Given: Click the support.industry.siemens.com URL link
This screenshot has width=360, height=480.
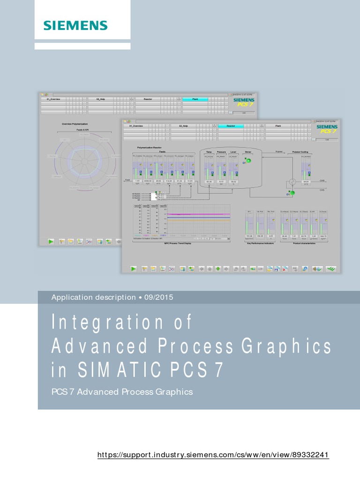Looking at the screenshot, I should click(x=213, y=455).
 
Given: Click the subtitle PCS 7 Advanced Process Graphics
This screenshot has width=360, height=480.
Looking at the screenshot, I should click(x=122, y=391).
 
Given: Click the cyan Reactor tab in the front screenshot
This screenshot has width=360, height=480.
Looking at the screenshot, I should click(x=231, y=126).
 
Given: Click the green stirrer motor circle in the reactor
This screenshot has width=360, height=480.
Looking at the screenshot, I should click(x=249, y=161).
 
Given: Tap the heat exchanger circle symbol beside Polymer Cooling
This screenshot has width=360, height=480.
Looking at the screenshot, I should click(x=292, y=181).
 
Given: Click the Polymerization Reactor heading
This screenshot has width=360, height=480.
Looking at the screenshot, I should click(x=149, y=147).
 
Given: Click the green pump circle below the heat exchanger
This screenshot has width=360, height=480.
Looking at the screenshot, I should click(x=292, y=193).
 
